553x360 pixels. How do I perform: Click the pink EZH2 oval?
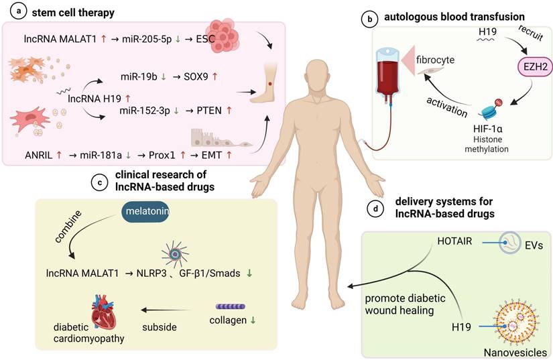[x=534, y=66]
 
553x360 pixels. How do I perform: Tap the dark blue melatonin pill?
[x=145, y=212]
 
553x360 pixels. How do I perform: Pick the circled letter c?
[x=100, y=182]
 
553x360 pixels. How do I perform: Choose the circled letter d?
[x=375, y=208]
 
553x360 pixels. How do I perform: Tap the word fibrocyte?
[x=435, y=60]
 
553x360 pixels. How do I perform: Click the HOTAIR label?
[x=454, y=241]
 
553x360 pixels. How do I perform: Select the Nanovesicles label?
[x=515, y=352]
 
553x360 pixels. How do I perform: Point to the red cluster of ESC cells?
[x=223, y=36]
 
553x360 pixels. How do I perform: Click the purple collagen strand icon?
[x=231, y=307]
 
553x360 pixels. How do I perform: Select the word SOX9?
[x=196, y=76]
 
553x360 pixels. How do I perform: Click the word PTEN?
[x=209, y=111]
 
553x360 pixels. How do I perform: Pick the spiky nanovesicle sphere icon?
[x=516, y=321]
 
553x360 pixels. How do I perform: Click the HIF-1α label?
[x=488, y=129]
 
